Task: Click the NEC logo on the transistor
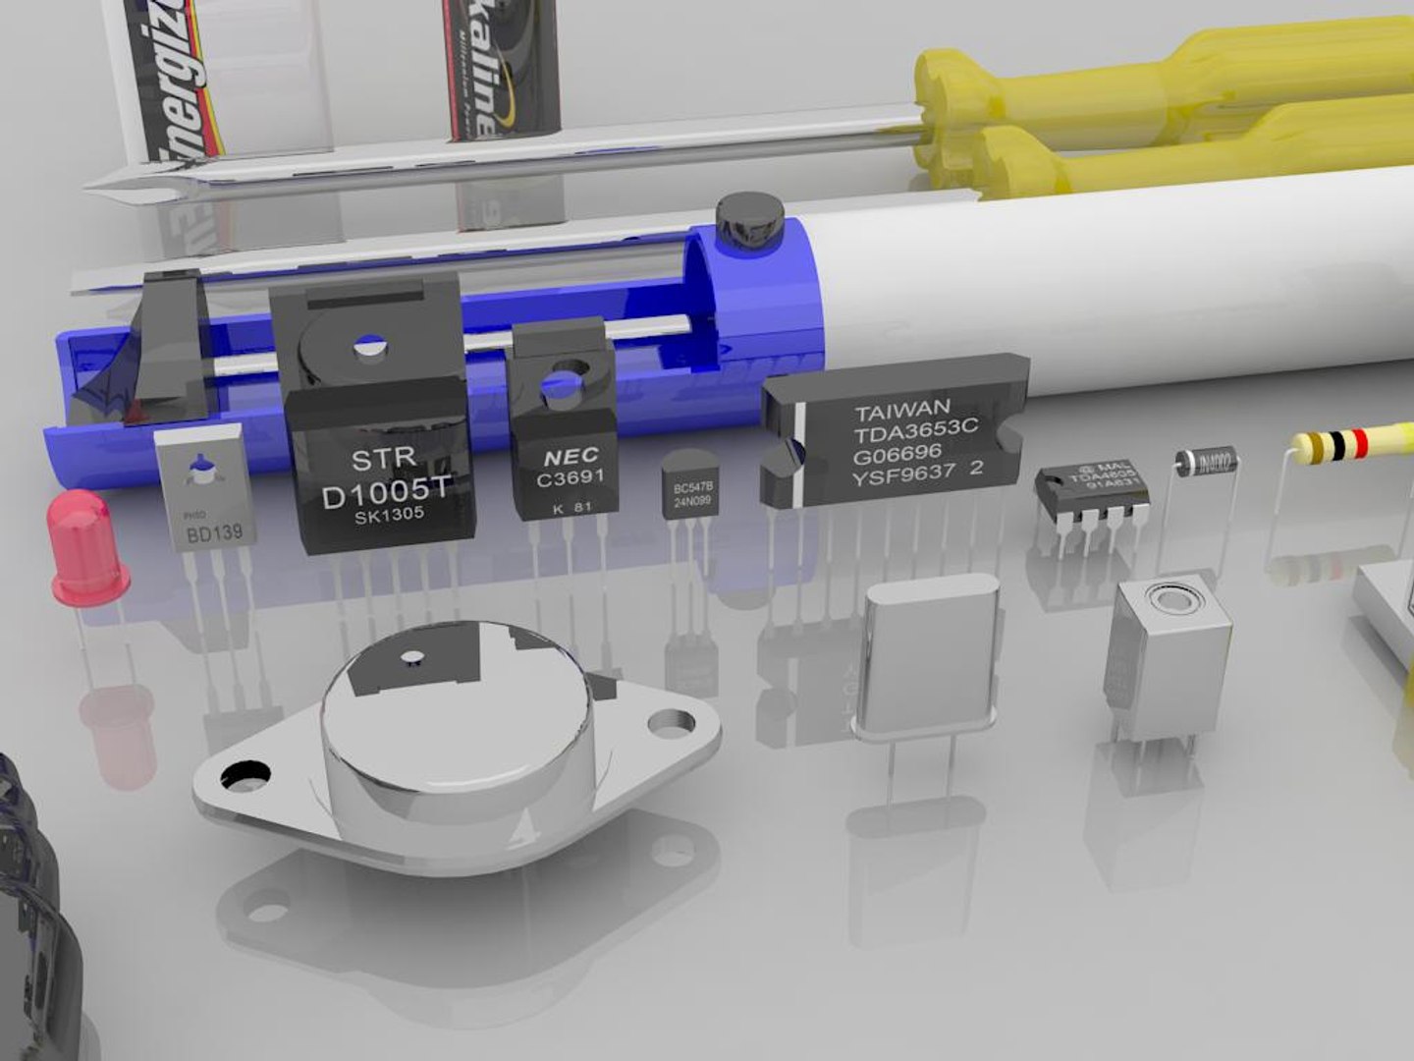pyautogui.click(x=571, y=457)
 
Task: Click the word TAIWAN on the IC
pyautogui.click(x=901, y=409)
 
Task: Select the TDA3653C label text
pyautogui.click(x=915, y=431)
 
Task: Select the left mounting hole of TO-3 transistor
pyautogui.click(x=245, y=776)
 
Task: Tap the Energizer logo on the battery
pyautogui.click(x=182, y=79)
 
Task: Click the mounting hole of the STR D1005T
pyautogui.click(x=370, y=346)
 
